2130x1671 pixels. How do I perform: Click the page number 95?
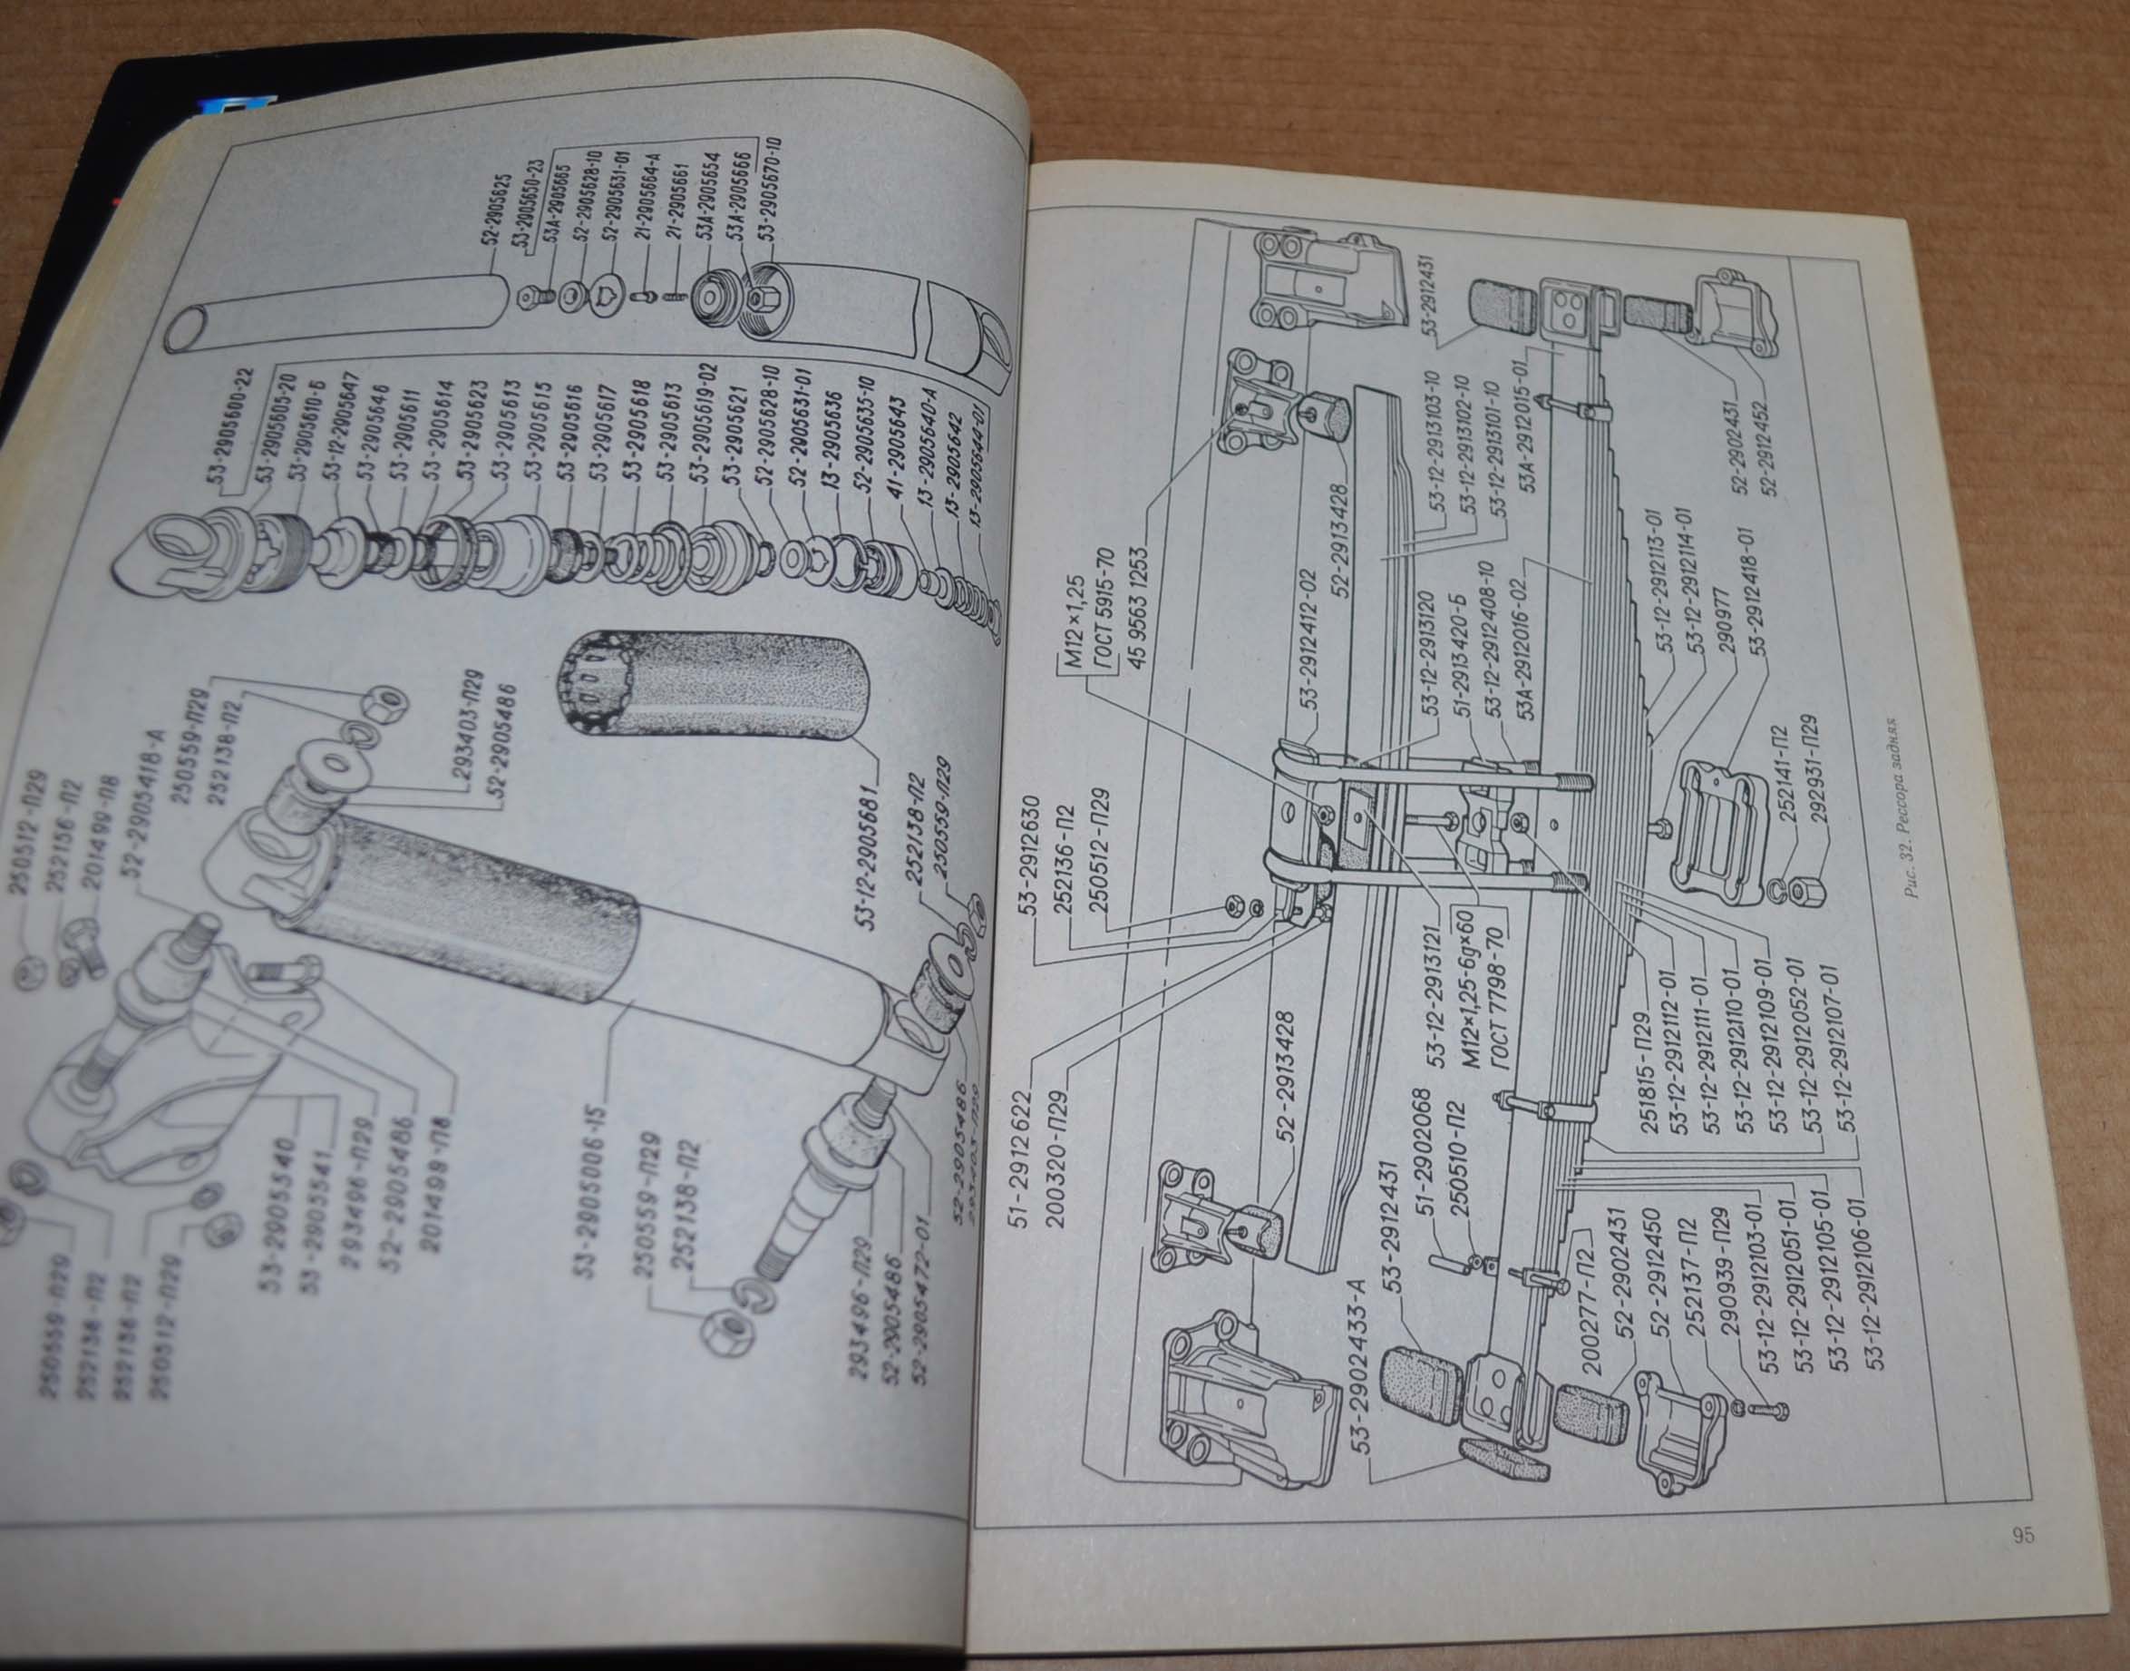2023,1535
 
